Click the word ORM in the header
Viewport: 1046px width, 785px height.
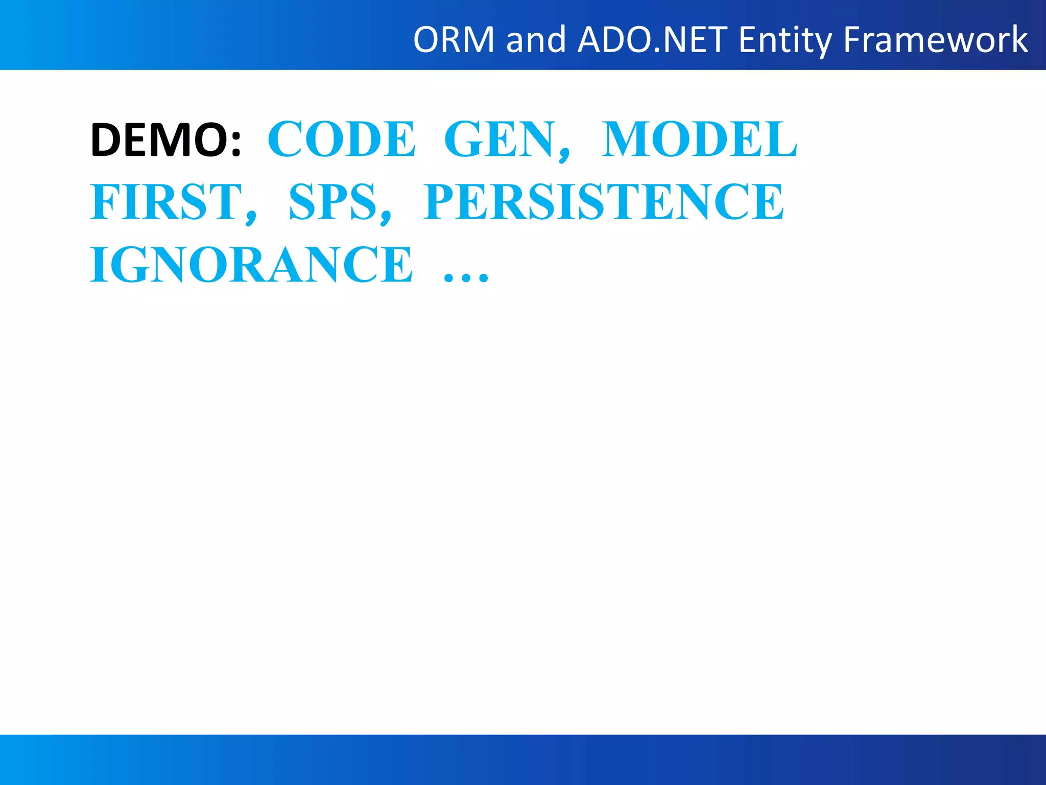pos(454,40)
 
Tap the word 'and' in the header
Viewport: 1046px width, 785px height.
pos(536,40)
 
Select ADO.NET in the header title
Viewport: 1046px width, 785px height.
pos(652,40)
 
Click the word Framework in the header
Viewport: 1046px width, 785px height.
pos(935,40)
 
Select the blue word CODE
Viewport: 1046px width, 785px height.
pos(342,139)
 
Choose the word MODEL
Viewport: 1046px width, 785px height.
pos(700,139)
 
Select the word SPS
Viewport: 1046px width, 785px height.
pos(332,202)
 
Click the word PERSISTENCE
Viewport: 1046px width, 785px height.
pos(603,202)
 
